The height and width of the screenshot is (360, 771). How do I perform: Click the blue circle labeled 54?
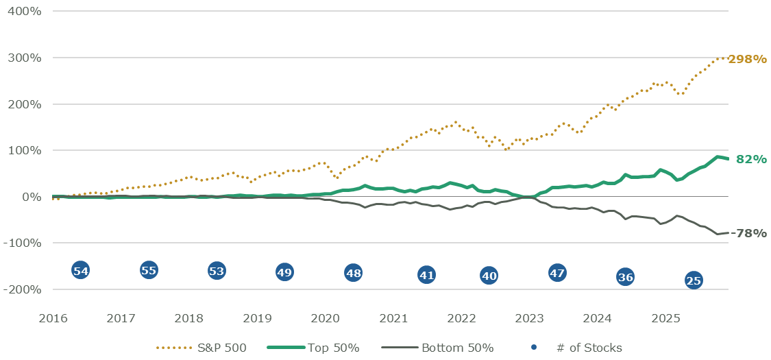tap(81, 270)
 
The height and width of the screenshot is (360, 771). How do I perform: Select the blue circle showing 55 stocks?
tap(149, 270)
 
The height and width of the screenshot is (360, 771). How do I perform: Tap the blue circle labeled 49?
tap(284, 272)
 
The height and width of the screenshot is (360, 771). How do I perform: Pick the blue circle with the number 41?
tap(427, 275)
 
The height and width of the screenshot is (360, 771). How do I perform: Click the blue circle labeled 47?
tap(557, 273)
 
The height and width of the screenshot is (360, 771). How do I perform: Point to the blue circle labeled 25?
tap(694, 280)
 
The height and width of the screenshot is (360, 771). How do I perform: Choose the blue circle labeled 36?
tap(625, 277)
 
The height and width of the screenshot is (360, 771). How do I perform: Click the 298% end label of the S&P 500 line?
tap(747, 59)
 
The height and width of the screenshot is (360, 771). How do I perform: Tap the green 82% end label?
tap(751, 159)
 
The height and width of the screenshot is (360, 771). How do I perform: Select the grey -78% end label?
tap(748, 233)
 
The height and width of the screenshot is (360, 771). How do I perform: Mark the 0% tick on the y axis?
tap(32, 197)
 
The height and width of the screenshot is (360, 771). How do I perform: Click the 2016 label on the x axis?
tap(53, 318)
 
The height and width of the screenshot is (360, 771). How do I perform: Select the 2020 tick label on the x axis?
tap(325, 318)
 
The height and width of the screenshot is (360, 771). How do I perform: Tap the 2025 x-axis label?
tap(665, 318)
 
